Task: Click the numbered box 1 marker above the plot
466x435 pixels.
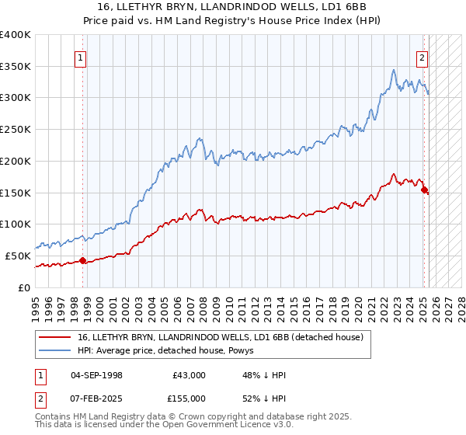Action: click(x=81, y=57)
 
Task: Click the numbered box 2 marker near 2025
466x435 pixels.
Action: click(x=422, y=57)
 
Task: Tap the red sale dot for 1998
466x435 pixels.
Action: click(x=82, y=260)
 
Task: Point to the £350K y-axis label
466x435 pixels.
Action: click(x=16, y=67)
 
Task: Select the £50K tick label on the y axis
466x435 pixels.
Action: click(x=18, y=256)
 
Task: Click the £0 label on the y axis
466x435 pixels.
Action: click(x=25, y=287)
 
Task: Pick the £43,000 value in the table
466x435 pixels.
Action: click(x=190, y=375)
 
